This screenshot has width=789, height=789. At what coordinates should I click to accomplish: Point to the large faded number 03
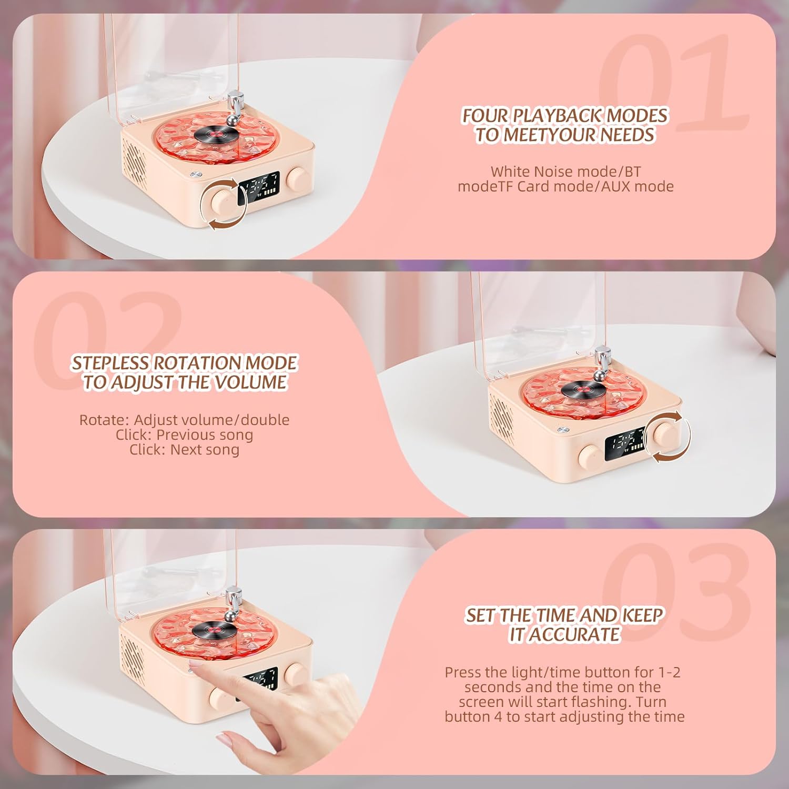pyautogui.click(x=676, y=592)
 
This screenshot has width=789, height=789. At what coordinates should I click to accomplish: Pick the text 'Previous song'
pyautogui.click(x=205, y=435)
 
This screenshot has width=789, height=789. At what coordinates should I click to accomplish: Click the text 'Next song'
pyautogui.click(x=205, y=450)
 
